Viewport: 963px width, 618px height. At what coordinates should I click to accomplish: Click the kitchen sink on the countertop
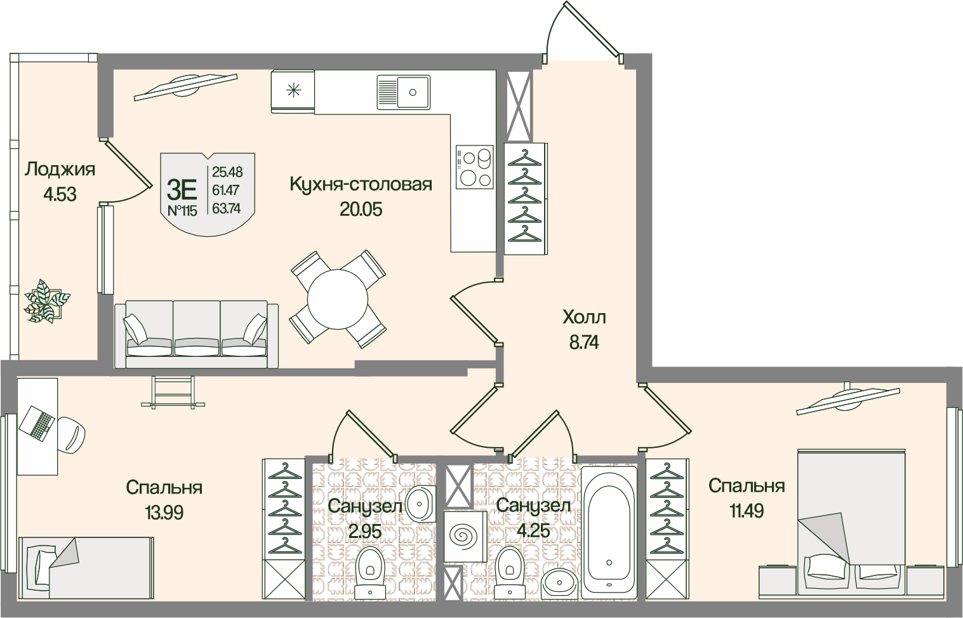pyautogui.click(x=403, y=91)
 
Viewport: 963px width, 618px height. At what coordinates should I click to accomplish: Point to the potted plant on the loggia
pyautogui.click(x=46, y=300)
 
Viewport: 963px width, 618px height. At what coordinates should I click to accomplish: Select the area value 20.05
pyautogui.click(x=361, y=209)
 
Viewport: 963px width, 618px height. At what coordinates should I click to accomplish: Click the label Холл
pyautogui.click(x=584, y=316)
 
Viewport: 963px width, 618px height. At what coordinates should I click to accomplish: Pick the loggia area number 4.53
pyautogui.click(x=60, y=194)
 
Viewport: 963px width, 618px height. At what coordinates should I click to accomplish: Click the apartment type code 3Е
pyautogui.click(x=182, y=188)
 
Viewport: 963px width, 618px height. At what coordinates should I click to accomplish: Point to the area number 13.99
pyautogui.click(x=164, y=513)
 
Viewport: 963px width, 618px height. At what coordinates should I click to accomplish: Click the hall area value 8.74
pyautogui.click(x=584, y=343)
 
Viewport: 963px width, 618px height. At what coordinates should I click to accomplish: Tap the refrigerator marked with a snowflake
pyautogui.click(x=293, y=90)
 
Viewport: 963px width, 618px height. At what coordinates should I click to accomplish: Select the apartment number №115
pyautogui.click(x=182, y=211)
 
